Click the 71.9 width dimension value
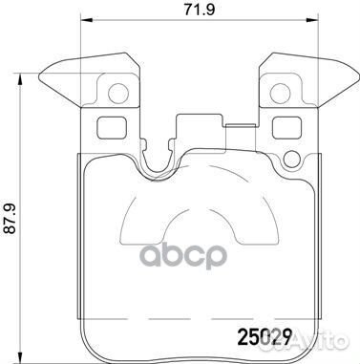point(200,10)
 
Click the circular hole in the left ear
point(118,94)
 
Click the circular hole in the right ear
point(280,94)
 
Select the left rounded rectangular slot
point(111,127)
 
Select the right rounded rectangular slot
point(286,127)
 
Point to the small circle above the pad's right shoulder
point(292,159)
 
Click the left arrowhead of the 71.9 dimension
point(87,20)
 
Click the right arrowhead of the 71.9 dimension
point(312,20)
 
